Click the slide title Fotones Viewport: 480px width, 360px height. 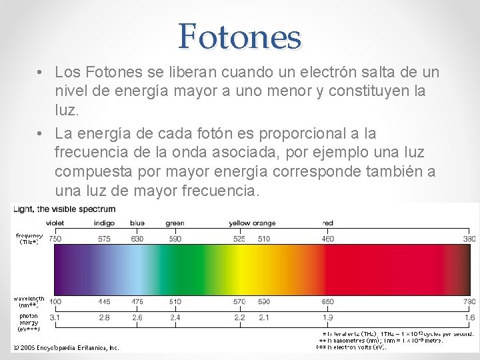[x=239, y=37]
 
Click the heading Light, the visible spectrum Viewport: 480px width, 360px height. [x=64, y=209]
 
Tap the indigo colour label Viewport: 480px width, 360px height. [x=104, y=223]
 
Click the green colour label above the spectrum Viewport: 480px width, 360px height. [x=175, y=223]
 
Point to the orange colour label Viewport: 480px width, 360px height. [x=263, y=223]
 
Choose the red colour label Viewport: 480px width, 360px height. [x=327, y=223]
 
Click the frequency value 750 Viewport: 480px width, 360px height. [x=55, y=239]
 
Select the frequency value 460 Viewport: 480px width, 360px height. [x=327, y=239]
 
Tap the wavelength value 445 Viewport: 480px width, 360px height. [x=104, y=302]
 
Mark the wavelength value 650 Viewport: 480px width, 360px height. [x=327, y=302]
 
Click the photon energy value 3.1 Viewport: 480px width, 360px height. [x=55, y=318]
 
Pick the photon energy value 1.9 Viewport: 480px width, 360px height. [x=327, y=318]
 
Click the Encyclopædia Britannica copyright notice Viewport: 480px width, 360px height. [x=66, y=347]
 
